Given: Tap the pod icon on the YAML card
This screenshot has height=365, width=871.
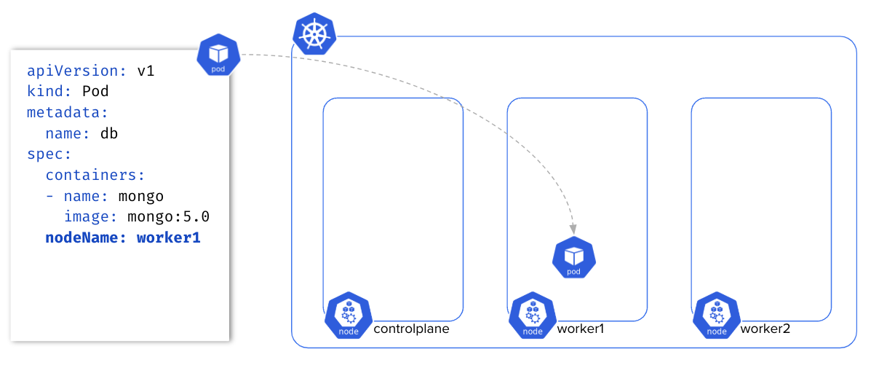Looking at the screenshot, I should point(218,55).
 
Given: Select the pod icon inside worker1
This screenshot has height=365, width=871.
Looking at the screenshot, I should point(574,259).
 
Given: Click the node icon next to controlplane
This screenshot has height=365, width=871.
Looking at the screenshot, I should point(349,315).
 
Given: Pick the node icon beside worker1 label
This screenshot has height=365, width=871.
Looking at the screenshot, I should point(533,315).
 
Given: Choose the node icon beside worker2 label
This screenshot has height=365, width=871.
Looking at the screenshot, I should point(717,315).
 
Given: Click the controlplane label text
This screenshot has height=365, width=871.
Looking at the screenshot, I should point(411,329).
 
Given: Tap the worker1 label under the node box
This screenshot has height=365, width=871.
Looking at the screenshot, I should point(581,329).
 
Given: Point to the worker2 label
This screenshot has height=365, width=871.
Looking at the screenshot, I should point(765,329).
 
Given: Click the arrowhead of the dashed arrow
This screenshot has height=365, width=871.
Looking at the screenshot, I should point(573,227).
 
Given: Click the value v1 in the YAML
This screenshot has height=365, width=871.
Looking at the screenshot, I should point(146,71).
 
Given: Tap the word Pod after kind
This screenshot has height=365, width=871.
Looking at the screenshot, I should point(95,93).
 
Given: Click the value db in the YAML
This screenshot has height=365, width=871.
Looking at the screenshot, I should point(109,134).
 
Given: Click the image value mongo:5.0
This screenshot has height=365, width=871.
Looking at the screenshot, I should point(169,217).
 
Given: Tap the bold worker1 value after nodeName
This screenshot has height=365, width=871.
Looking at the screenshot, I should point(168,238).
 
